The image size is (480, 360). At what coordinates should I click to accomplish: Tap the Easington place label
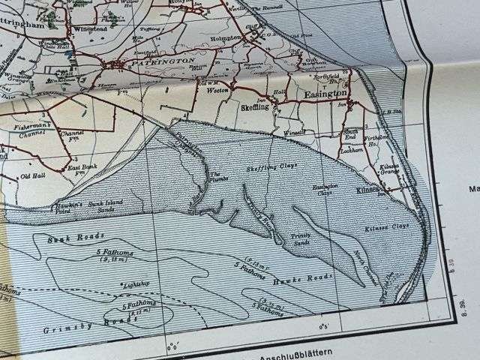pyautogui.click(x=325, y=94)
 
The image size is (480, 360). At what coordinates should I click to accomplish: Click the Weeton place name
pyautogui.click(x=217, y=89)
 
